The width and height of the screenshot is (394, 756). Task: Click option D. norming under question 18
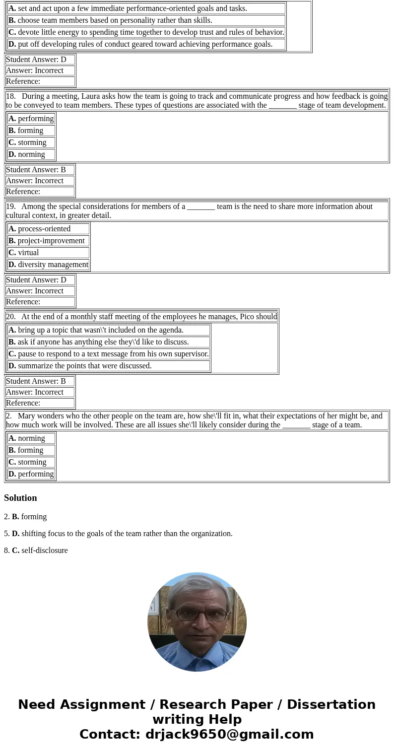31,154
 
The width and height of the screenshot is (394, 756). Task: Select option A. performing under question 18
31,119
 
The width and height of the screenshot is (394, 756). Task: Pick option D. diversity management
48,265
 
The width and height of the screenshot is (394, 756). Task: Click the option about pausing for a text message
108,354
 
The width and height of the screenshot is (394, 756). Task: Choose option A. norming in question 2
31,438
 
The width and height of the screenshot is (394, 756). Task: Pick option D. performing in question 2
31,474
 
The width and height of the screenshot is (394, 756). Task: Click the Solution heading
20,498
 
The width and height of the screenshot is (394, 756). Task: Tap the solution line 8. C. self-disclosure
36,550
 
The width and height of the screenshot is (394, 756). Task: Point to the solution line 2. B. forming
25,517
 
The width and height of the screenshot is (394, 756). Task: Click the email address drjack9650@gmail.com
229,735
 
